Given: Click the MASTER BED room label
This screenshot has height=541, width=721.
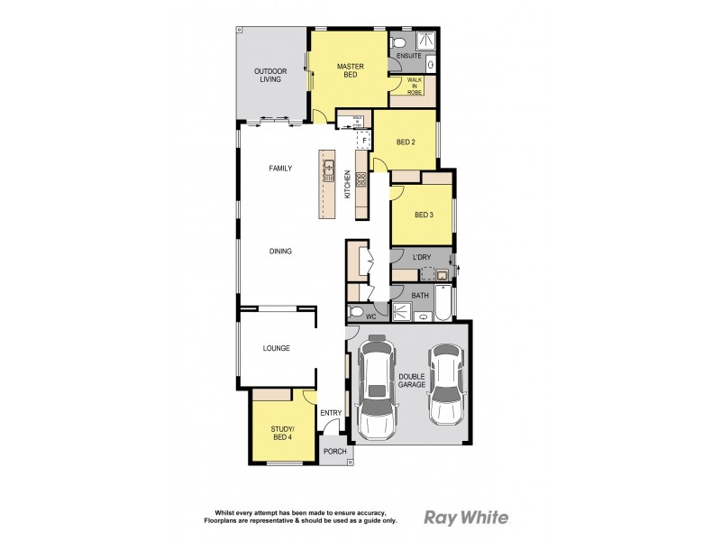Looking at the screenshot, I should click(x=349, y=70).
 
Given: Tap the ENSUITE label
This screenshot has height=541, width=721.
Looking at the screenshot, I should click(x=409, y=57).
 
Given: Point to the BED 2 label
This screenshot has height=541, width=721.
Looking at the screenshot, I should click(x=406, y=142).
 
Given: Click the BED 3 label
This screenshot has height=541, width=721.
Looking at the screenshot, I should click(x=424, y=215).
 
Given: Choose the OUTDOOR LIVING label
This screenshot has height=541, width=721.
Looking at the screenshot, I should click(x=270, y=75).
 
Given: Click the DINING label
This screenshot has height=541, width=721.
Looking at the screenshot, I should click(x=280, y=251).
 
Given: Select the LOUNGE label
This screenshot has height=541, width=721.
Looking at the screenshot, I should click(x=276, y=348).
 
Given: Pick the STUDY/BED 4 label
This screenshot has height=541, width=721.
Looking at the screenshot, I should click(x=282, y=434).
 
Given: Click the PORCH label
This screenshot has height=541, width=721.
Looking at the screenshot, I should click(x=335, y=452).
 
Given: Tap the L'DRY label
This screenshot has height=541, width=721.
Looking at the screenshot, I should click(x=421, y=258).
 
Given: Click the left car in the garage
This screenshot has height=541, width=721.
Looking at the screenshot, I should click(x=377, y=385).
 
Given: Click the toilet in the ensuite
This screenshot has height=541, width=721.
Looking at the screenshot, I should click(x=399, y=42).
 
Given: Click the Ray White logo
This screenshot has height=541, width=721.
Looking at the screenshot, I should click(x=466, y=518).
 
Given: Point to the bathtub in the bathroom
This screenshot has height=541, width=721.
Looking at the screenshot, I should click(x=444, y=305).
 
